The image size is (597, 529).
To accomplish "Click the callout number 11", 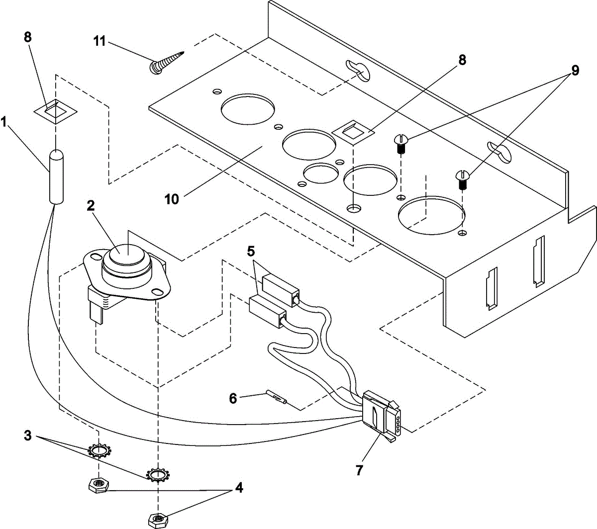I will point(100,40).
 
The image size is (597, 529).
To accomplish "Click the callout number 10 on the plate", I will point(172,199).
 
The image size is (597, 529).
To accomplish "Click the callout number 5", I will point(251,251).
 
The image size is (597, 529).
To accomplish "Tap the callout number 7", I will point(359,469).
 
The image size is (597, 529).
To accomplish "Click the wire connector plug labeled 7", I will point(381,414).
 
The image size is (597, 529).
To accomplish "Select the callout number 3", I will point(28,436).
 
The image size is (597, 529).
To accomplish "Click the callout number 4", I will point(239,488).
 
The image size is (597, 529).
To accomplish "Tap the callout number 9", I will point(575,70).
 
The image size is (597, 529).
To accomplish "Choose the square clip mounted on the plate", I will point(353,132).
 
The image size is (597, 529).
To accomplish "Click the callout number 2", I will point(91,206).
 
